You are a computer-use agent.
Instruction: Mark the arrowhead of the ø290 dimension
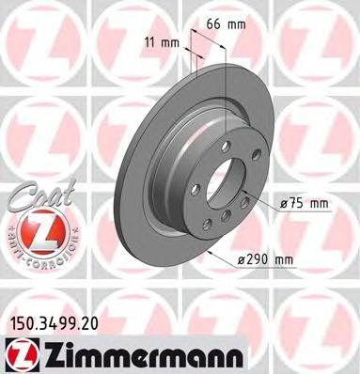pyautogui.click(x=210, y=254)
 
